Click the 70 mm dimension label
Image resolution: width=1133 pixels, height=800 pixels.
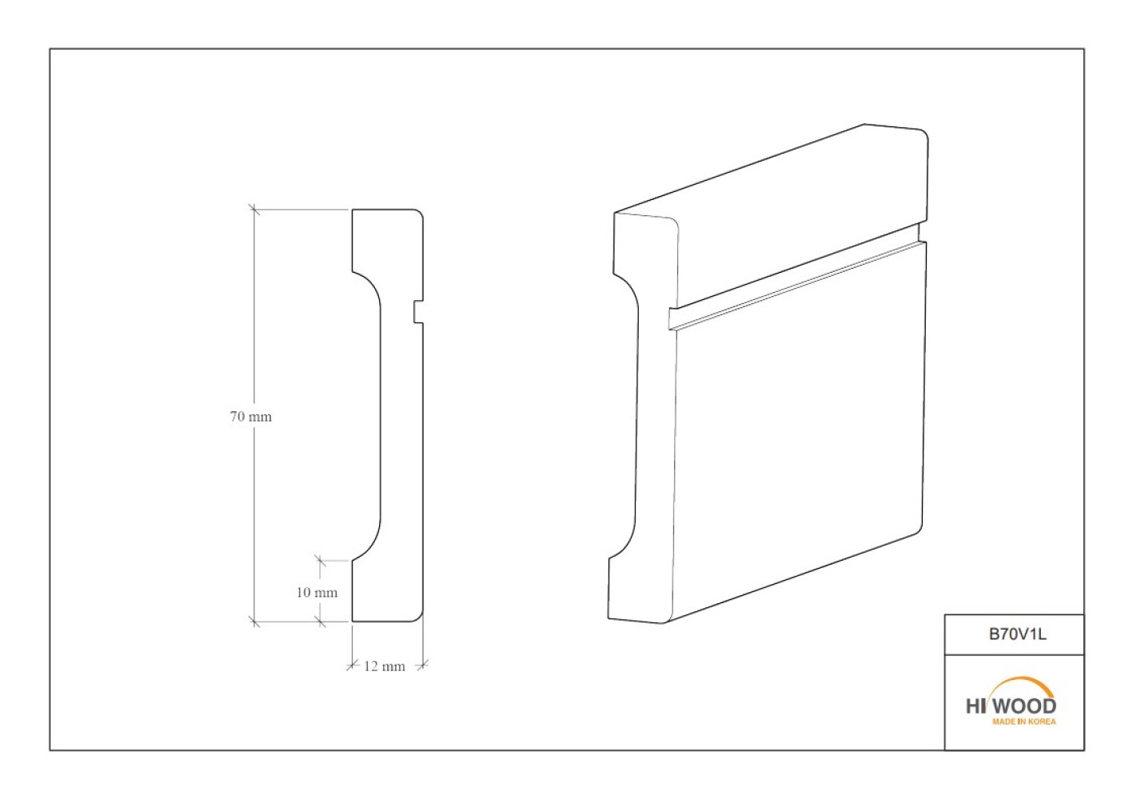tap(251, 417)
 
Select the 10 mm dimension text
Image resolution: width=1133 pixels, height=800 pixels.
tap(317, 592)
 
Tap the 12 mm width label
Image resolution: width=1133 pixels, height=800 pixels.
tap(385, 666)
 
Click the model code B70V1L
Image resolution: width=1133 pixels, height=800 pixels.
tap(1018, 634)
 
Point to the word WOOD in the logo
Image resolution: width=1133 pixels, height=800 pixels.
tap(1028, 706)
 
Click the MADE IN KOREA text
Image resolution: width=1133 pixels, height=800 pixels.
tap(1024, 722)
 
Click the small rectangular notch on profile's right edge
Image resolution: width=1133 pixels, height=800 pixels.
tap(418, 311)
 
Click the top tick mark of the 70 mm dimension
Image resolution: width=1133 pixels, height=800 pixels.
tap(254, 209)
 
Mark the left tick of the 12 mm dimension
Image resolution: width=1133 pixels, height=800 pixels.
tap(352, 665)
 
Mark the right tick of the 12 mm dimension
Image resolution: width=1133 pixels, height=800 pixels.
tap(423, 665)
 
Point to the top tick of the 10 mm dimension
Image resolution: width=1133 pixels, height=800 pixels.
tap(320, 561)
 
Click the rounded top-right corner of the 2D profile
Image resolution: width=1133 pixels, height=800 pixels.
tap(419, 213)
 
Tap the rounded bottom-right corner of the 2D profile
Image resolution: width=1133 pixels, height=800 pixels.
tap(419, 618)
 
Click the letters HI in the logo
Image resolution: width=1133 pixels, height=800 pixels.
tap(975, 706)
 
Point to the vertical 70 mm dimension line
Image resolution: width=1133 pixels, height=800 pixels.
tap(254, 415)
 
